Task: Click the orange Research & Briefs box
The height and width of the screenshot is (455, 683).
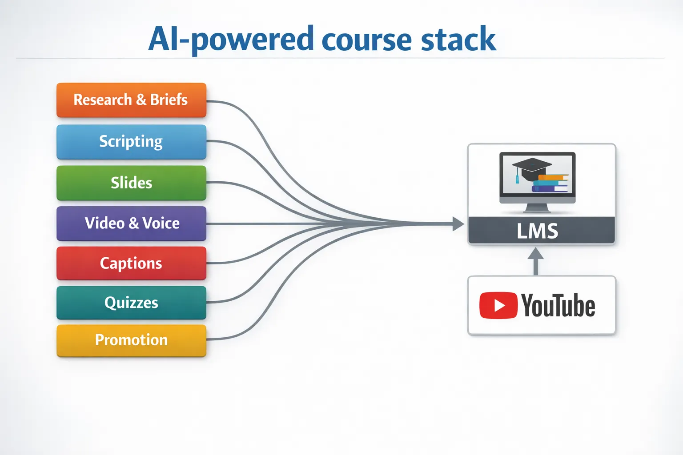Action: coord(131,100)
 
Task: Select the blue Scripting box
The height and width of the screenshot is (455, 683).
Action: coord(131,142)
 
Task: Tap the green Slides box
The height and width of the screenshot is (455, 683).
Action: coord(131,183)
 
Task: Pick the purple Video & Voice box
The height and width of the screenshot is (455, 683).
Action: coord(131,223)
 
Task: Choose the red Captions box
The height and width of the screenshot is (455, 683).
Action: coord(131,263)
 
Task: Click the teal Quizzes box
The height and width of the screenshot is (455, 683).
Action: coord(131,303)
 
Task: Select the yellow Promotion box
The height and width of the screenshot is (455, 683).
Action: coord(131,340)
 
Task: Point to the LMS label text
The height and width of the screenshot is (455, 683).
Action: coord(537,231)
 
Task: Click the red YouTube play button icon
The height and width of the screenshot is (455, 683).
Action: coord(498,306)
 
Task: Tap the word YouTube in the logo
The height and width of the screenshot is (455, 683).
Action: coord(558,306)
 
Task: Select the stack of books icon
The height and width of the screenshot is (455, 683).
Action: coord(550,183)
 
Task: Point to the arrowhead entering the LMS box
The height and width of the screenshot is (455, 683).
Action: coord(458,224)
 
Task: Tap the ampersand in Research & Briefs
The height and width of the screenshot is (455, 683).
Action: coord(141,100)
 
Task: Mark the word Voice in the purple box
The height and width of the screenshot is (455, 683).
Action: coord(161,223)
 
